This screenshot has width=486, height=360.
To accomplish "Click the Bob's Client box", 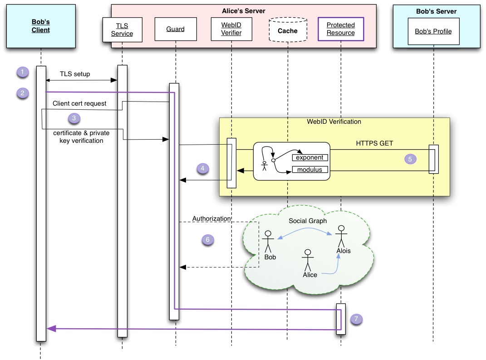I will tap(40, 26).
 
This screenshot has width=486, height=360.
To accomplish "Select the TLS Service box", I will tap(122, 29).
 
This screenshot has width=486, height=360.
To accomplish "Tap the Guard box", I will tap(175, 29).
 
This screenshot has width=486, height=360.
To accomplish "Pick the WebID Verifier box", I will tap(231, 29).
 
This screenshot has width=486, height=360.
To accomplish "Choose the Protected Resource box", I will tap(341, 29).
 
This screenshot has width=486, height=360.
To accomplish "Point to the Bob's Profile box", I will tap(433, 31).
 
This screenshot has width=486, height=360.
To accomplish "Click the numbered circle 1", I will tap(22, 72).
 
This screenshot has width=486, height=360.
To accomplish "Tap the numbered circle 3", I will tap(74, 119).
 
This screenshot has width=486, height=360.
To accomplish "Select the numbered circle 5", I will tap(410, 159).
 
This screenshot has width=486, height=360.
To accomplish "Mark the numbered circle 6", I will tap(208, 240).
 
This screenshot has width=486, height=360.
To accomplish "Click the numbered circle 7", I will tap(357, 319).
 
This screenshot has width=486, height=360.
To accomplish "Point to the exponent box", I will tap(310, 158).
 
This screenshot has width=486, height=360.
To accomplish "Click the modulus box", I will tap(310, 170).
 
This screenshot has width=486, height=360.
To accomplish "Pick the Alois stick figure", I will tap(341, 236).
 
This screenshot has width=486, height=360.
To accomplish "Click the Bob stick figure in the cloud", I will tap(268, 241).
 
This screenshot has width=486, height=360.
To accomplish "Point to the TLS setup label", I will tap(75, 74).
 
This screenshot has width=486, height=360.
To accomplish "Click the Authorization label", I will tap(211, 219).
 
